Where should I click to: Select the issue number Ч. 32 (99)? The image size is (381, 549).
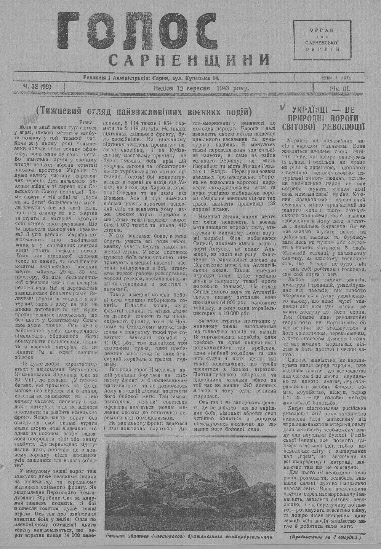pos(37,87)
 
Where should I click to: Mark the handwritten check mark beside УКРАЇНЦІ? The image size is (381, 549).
pos(282,108)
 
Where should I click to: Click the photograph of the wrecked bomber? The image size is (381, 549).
pos(190,486)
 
